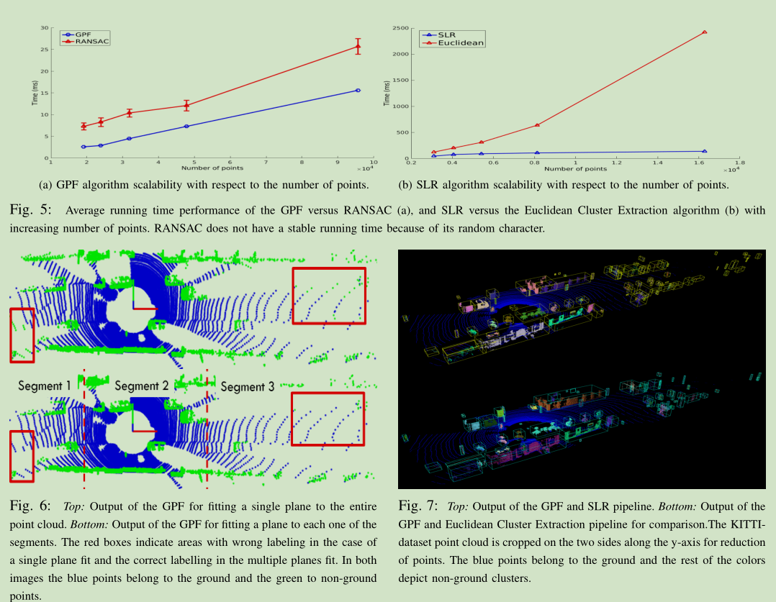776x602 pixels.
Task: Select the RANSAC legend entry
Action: (x=86, y=42)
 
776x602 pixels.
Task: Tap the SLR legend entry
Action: (x=446, y=35)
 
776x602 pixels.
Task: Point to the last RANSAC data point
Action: (x=358, y=46)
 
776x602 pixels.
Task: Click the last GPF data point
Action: (x=358, y=90)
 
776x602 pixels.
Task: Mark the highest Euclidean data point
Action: (x=704, y=32)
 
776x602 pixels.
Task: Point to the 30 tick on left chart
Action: (x=45, y=28)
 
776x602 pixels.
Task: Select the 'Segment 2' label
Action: (x=141, y=386)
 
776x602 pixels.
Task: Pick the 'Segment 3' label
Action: (x=247, y=387)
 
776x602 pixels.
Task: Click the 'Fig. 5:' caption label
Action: (x=31, y=211)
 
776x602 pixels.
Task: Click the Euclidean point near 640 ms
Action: (x=537, y=125)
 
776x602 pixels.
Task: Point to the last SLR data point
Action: (x=704, y=151)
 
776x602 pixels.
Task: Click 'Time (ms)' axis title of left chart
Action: (x=34, y=94)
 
